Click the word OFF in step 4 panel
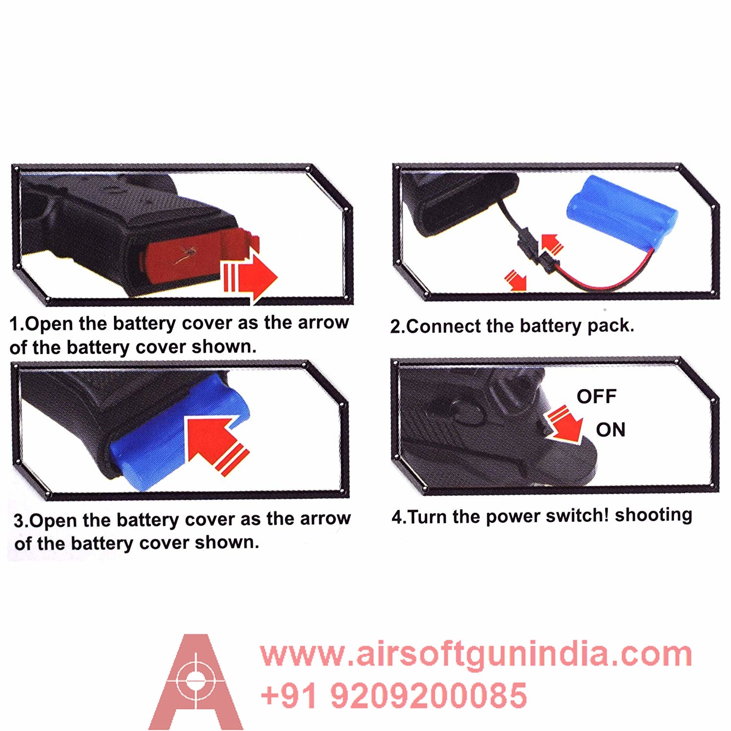(x=596, y=397)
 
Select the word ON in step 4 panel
(x=610, y=430)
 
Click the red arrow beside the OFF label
(x=565, y=423)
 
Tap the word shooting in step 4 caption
(x=654, y=515)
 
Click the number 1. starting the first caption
(x=17, y=324)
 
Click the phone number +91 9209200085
(x=394, y=695)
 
